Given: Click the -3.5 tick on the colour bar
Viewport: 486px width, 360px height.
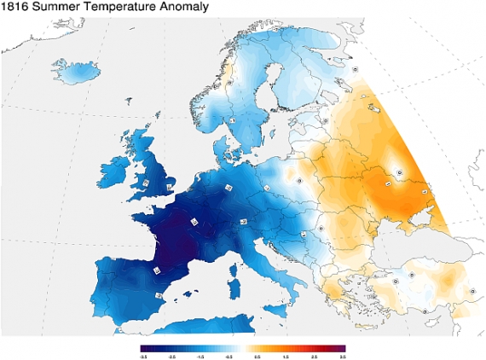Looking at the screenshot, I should (142, 354).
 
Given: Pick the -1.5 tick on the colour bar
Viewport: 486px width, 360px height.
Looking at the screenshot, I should (200, 354).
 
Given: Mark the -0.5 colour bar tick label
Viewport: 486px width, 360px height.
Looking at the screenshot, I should (229, 354).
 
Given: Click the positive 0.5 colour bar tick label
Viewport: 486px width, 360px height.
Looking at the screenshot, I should (258, 354).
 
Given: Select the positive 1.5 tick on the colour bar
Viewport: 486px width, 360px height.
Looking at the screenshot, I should (287, 354).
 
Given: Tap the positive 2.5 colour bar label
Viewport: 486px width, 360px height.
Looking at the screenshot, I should (316, 354).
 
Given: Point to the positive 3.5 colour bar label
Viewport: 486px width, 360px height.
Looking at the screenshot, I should (344, 354).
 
